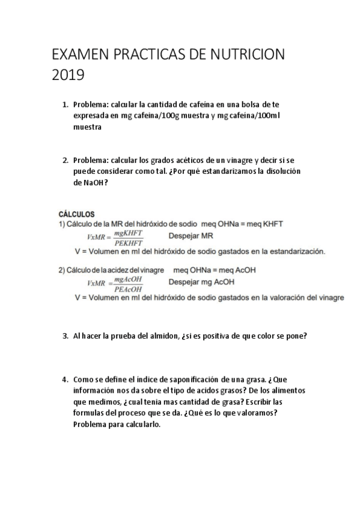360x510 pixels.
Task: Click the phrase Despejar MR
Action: [195, 236]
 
